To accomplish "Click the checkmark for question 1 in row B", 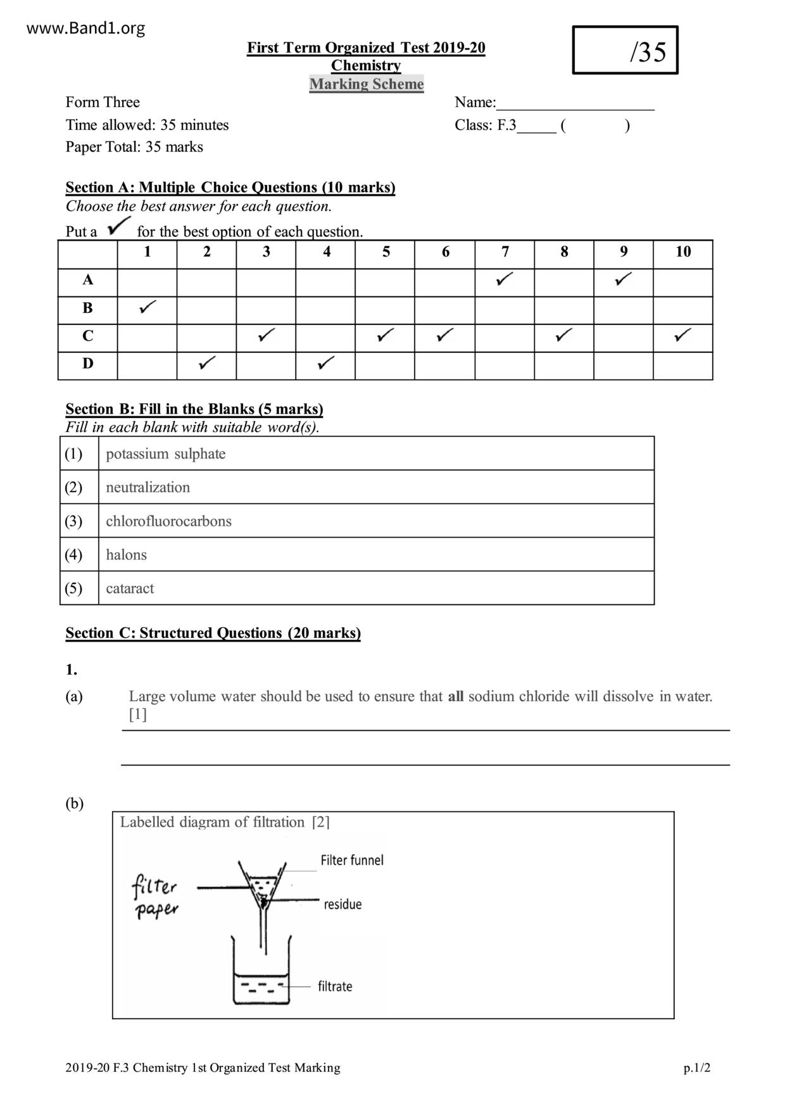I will [148, 308].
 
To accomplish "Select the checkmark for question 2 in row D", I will [207, 363].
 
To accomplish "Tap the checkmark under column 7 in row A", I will [505, 279].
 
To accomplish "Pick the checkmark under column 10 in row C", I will [682, 335].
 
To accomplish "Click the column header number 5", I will [386, 252].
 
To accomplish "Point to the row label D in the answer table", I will [87, 364].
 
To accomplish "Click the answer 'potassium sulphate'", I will [165, 454].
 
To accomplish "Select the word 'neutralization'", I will [148, 488].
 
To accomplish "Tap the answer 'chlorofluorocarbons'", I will [168, 521].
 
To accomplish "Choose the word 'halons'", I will [126, 555].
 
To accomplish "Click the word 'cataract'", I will [130, 588].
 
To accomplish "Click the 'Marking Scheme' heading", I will [367, 84].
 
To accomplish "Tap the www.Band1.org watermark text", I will [86, 29].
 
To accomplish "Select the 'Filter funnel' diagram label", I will [351, 860].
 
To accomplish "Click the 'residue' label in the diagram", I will [342, 905].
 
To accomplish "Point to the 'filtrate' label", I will [335, 986].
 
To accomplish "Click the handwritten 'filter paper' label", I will [156, 896].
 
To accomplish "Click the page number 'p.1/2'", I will [696, 1068].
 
